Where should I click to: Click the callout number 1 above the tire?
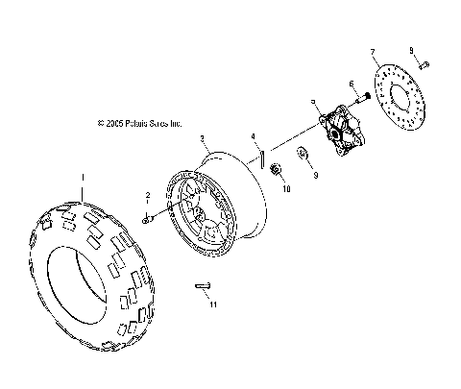[x=84, y=177]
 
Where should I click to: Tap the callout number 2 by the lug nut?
[x=149, y=195]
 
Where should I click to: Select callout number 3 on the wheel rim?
[x=203, y=139]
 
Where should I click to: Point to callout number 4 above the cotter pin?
[x=253, y=135]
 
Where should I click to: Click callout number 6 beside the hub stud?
[x=352, y=84]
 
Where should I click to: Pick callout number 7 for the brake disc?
[x=372, y=48]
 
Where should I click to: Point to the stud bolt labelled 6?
[x=363, y=99]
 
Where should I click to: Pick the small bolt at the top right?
[x=425, y=64]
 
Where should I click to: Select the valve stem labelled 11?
[x=201, y=284]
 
